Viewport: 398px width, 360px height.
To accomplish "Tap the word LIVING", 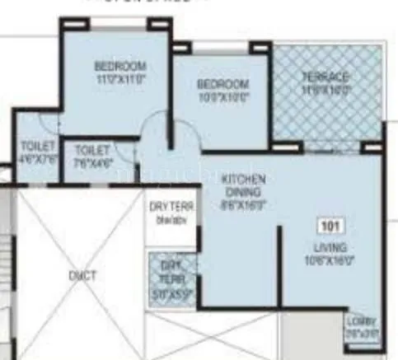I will point(335,247).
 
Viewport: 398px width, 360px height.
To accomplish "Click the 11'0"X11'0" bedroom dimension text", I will point(119,80).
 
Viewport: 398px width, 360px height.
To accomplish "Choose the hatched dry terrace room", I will point(172,281).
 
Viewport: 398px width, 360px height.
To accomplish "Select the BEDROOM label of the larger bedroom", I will point(119,67).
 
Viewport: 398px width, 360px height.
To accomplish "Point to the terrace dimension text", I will point(327,88).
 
